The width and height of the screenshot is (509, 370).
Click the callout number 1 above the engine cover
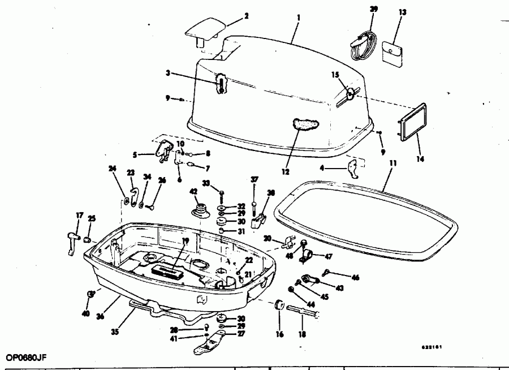(x=298, y=18)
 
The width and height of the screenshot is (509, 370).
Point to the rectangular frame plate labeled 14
(x=409, y=122)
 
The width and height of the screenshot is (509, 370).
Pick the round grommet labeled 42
(x=199, y=207)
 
